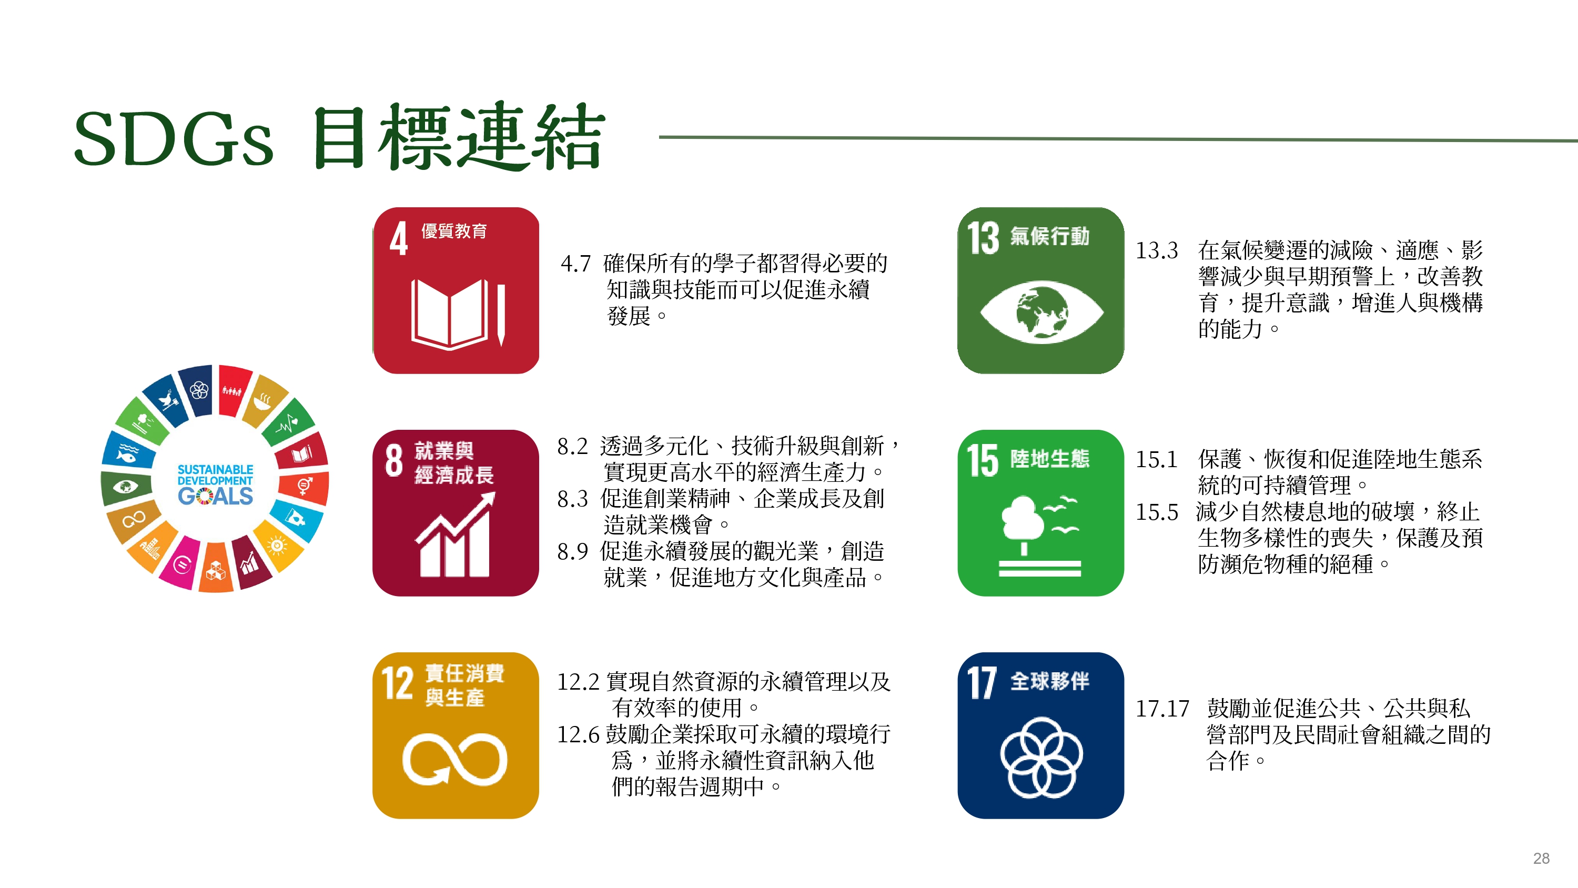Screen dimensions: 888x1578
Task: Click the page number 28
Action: tap(1541, 858)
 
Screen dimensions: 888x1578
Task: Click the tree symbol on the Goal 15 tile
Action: tap(1023, 521)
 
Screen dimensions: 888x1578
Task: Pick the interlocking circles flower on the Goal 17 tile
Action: tap(1041, 758)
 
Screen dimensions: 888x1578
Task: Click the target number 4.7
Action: tap(575, 264)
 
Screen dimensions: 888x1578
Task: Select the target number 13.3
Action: tap(1157, 250)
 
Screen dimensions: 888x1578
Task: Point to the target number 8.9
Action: tap(572, 551)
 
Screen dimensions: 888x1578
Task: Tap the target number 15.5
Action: tap(1157, 512)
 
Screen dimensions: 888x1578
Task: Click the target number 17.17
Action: tap(1162, 709)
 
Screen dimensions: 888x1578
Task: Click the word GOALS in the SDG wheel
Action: tap(215, 496)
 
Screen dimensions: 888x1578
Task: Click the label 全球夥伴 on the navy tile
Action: tap(1049, 681)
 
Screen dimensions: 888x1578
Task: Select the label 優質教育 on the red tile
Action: tap(454, 231)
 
